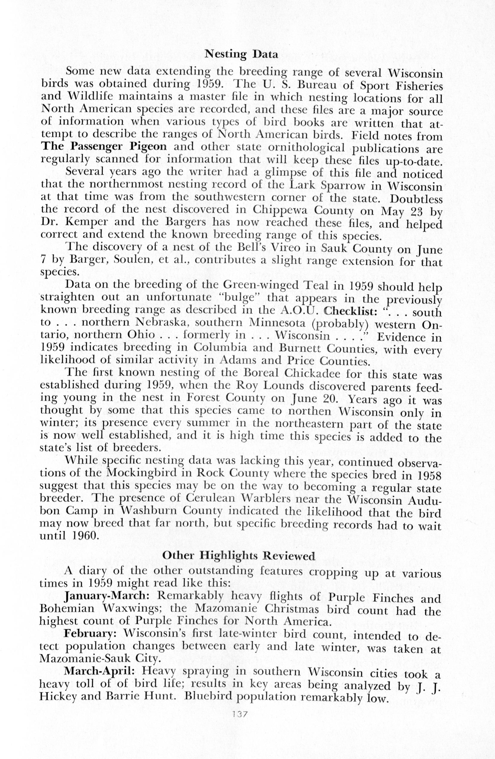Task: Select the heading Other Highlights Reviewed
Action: [x=239, y=555]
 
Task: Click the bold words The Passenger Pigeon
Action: [x=104, y=147]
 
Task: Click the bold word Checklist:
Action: [x=348, y=310]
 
